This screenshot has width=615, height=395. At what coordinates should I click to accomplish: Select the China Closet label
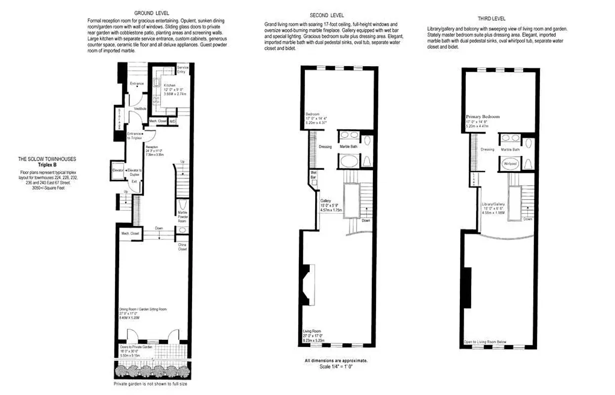182,246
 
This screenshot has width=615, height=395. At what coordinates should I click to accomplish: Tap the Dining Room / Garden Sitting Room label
142,309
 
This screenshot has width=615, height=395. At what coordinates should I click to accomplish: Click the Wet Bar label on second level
313,174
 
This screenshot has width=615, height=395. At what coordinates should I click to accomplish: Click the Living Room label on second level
312,331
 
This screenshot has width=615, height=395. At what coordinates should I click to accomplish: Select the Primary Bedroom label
483,117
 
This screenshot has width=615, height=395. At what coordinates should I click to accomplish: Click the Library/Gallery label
494,204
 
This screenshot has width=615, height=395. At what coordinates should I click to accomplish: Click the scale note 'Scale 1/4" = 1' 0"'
336,366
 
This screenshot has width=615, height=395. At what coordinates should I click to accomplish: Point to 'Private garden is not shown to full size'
150,384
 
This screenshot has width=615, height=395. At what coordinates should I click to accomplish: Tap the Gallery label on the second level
325,201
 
